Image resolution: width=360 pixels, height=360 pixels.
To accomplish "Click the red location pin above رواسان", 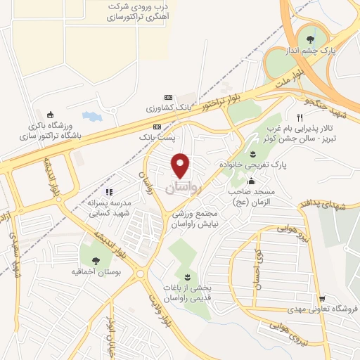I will [x=181, y=165].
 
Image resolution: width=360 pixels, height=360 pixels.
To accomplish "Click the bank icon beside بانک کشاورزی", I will [x=167, y=97].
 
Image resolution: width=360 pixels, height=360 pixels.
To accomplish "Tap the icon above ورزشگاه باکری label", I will [x=49, y=115].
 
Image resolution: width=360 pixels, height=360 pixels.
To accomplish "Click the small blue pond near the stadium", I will [x=92, y=115].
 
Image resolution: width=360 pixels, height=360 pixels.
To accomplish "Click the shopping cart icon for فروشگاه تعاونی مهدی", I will [x=321, y=300].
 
